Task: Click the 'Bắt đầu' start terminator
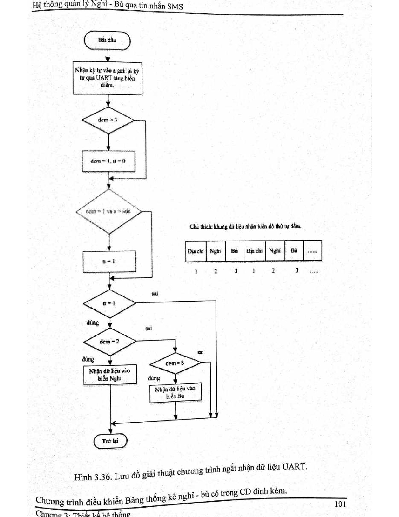(x=107, y=40)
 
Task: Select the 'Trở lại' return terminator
(x=110, y=441)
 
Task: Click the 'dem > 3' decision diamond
(x=108, y=120)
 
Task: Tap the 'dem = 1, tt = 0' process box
(x=109, y=161)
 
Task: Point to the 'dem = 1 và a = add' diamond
(x=109, y=211)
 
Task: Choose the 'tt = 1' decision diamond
(x=109, y=303)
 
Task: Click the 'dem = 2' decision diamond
(x=110, y=341)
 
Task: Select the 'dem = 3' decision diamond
(x=175, y=363)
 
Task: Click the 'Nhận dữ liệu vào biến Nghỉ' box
(x=110, y=375)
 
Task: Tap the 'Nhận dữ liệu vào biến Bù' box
(x=175, y=392)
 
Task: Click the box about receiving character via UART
(x=107, y=78)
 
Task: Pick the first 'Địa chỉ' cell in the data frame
(x=196, y=251)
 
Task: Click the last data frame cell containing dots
(x=312, y=251)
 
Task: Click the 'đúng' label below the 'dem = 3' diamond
(x=154, y=378)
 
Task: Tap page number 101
(x=340, y=504)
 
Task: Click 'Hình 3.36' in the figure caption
(x=92, y=477)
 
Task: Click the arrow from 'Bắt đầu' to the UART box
(x=108, y=56)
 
